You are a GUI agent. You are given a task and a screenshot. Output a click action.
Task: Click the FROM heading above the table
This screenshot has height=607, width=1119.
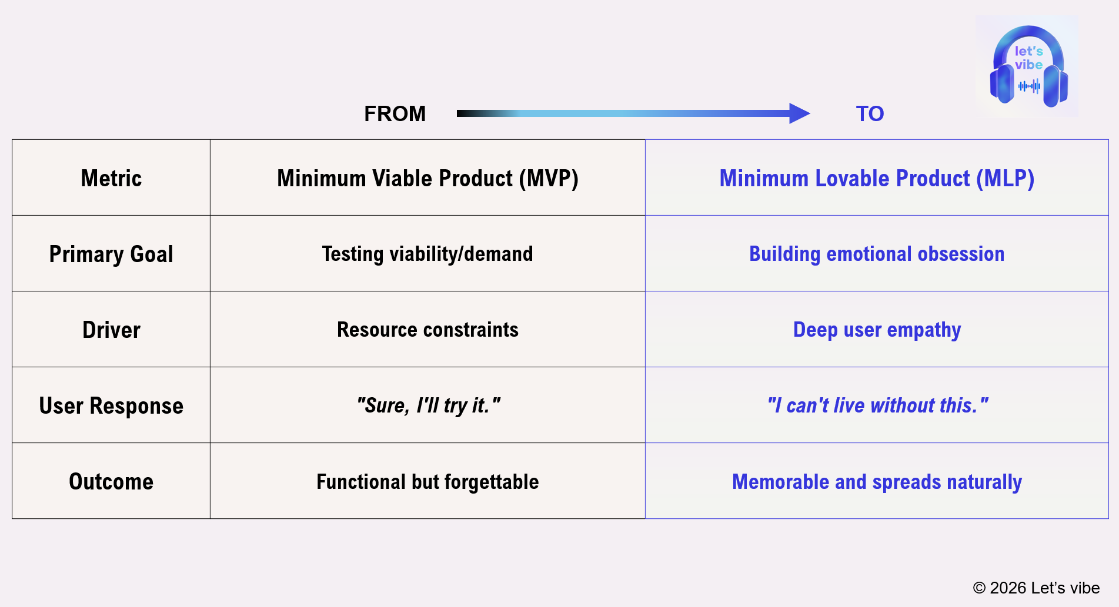pos(395,113)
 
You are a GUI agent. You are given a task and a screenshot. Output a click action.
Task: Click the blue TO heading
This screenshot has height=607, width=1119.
pos(870,113)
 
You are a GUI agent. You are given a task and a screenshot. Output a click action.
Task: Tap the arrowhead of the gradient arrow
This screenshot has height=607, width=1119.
pos(799,113)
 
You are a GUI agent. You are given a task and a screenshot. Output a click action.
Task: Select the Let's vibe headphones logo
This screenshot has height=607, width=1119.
pos(1028,66)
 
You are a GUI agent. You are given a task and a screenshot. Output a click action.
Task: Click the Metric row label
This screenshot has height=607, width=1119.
pos(111,178)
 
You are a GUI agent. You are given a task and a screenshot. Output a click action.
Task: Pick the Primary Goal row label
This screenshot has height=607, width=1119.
pos(111,254)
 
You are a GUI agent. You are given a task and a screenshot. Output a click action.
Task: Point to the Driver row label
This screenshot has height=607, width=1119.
pos(111,330)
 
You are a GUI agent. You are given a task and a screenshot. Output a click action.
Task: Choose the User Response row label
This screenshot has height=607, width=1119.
pos(111,405)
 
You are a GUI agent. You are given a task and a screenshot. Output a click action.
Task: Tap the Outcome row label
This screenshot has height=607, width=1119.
pos(111,481)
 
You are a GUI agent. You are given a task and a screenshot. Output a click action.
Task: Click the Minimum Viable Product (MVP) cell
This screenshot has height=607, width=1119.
pos(427,178)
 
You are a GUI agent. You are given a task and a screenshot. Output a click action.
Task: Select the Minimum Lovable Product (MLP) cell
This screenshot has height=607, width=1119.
pos(877,178)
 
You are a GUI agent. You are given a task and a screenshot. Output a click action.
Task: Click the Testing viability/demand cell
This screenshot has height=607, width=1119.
pos(427,254)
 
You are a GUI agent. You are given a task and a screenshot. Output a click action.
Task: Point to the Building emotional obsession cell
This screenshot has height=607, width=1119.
pos(877,254)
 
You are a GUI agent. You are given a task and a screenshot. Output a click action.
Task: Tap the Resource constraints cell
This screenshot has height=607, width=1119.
pos(427,330)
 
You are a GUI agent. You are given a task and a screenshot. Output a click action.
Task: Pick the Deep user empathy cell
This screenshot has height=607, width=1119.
pos(877,330)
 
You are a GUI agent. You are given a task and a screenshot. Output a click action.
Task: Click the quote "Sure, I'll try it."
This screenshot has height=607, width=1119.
pos(427,405)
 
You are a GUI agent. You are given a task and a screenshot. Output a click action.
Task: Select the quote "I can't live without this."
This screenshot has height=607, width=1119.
pos(877,405)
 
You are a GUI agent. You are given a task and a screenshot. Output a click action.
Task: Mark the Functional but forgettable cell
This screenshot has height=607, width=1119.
pos(427,481)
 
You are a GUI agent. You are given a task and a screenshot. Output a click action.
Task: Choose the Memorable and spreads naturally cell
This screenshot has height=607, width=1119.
pos(877,481)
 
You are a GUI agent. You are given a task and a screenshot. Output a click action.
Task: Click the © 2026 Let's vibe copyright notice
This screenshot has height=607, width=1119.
pos(1036,588)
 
